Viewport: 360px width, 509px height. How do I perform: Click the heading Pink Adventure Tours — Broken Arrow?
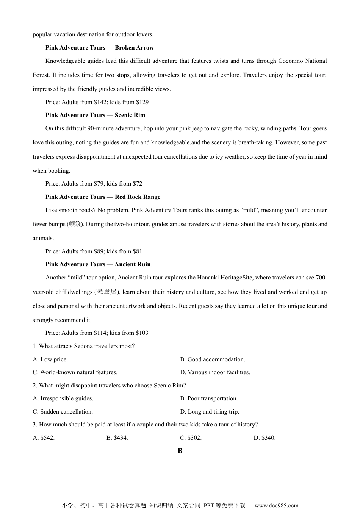99,48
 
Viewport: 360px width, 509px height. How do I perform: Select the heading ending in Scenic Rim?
95,115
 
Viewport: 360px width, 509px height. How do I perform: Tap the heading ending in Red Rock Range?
103,197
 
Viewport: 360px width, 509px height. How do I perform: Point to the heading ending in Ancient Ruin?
98,264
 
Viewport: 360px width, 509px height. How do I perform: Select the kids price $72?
137,184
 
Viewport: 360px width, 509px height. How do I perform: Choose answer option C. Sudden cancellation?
63,412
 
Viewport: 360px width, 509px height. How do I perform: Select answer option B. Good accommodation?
213,359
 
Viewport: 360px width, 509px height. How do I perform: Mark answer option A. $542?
44,438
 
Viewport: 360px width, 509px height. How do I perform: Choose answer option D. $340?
265,438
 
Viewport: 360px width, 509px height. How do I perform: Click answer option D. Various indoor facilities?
215,372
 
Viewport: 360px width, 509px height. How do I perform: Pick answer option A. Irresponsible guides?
63,398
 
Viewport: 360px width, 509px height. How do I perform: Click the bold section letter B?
180,451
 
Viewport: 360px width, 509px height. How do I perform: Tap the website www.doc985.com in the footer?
276,505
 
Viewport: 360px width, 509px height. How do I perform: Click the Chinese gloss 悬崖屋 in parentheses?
107,292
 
